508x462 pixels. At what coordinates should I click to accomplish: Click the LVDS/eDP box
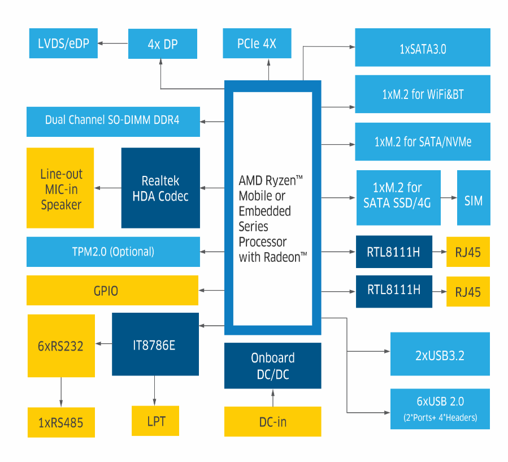(x=63, y=44)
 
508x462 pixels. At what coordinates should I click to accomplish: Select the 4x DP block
(x=163, y=44)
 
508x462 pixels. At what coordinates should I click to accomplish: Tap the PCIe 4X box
(x=257, y=44)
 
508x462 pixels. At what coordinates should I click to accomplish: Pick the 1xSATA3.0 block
(x=423, y=49)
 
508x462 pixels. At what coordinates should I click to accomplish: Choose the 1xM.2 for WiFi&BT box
(x=423, y=94)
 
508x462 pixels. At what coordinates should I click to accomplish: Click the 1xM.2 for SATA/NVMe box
(x=423, y=141)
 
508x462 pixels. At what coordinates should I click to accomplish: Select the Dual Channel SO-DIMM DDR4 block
(x=113, y=120)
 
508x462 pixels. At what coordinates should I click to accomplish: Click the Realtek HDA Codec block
(x=160, y=188)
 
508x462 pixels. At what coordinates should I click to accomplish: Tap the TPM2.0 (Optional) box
(x=113, y=252)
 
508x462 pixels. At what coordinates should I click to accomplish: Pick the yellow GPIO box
(x=112, y=291)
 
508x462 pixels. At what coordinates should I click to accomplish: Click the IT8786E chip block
(x=155, y=344)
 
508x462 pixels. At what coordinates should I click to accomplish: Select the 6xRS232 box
(x=61, y=346)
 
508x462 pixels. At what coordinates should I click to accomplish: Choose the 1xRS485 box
(x=61, y=422)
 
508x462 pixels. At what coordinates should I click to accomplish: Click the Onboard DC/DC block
(x=272, y=366)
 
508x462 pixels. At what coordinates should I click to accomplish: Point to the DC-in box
(x=272, y=421)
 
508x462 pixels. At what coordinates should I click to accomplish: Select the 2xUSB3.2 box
(x=440, y=354)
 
